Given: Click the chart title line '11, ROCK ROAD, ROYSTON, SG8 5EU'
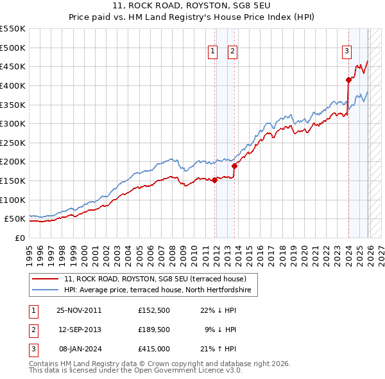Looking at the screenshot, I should (192, 7).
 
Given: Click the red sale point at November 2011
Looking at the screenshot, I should (214, 180).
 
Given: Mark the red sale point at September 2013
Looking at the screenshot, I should (234, 166).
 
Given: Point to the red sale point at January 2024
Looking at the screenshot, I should (348, 80).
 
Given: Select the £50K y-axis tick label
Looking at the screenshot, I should (15, 219).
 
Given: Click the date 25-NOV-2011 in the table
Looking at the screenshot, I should (79, 310).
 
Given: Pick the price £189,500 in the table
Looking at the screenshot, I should (153, 329).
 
